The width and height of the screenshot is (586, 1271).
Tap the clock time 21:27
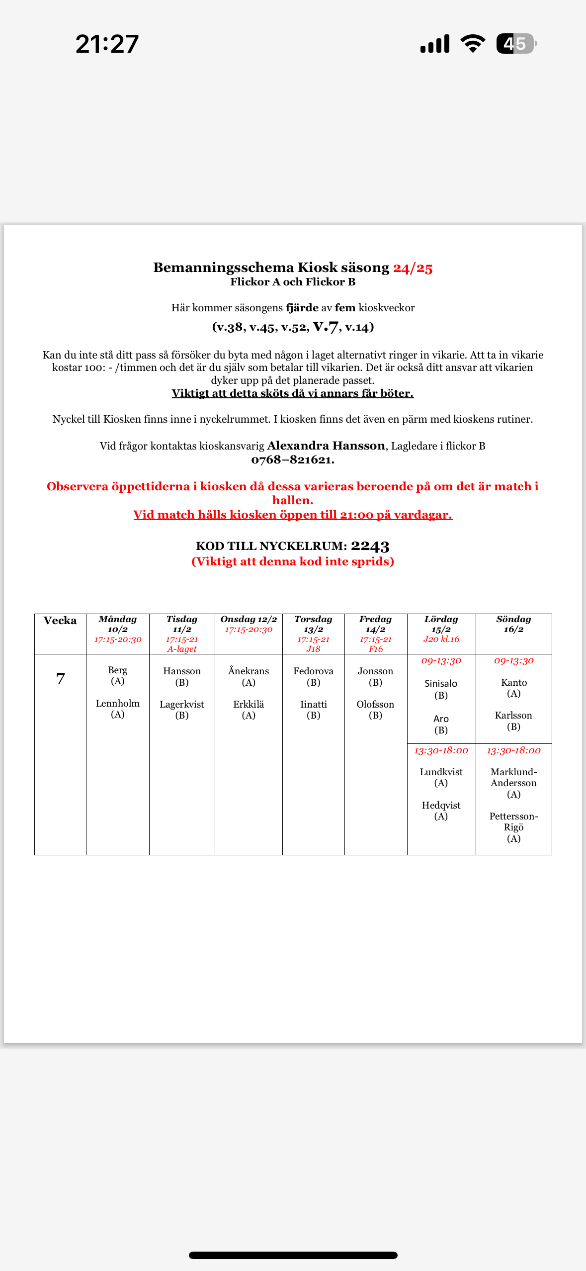pyautogui.click(x=107, y=44)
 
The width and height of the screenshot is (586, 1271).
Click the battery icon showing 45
pyautogui.click(x=516, y=44)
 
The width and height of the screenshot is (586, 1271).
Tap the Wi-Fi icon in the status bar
pyautogui.click(x=473, y=44)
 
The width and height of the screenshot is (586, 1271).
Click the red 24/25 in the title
pyautogui.click(x=413, y=268)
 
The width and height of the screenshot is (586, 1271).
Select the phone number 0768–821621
pyautogui.click(x=292, y=460)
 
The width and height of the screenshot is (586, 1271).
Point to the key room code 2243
pyautogui.click(x=370, y=546)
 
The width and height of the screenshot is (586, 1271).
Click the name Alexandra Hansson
pyautogui.click(x=326, y=446)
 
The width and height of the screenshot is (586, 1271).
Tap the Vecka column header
pyautogui.click(x=60, y=621)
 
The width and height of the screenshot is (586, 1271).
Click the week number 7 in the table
pyautogui.click(x=61, y=679)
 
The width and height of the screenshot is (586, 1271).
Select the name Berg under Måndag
pyautogui.click(x=118, y=670)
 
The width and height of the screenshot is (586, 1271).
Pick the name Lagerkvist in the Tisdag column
pyautogui.click(x=182, y=704)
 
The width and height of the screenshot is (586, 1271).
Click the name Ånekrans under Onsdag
pyautogui.click(x=249, y=671)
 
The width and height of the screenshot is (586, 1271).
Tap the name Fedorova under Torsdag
pyautogui.click(x=313, y=671)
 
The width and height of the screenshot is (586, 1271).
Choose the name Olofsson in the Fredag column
pyautogui.click(x=375, y=704)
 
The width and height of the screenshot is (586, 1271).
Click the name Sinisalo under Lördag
pyautogui.click(x=441, y=683)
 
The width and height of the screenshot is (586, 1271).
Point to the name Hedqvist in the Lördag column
pyautogui.click(x=441, y=805)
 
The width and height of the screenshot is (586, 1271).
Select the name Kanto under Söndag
pyautogui.click(x=513, y=682)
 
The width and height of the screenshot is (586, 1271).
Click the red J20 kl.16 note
pyautogui.click(x=441, y=639)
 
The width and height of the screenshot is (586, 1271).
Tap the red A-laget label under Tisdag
pyautogui.click(x=182, y=649)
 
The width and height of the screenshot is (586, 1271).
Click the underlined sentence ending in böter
pyautogui.click(x=292, y=393)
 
